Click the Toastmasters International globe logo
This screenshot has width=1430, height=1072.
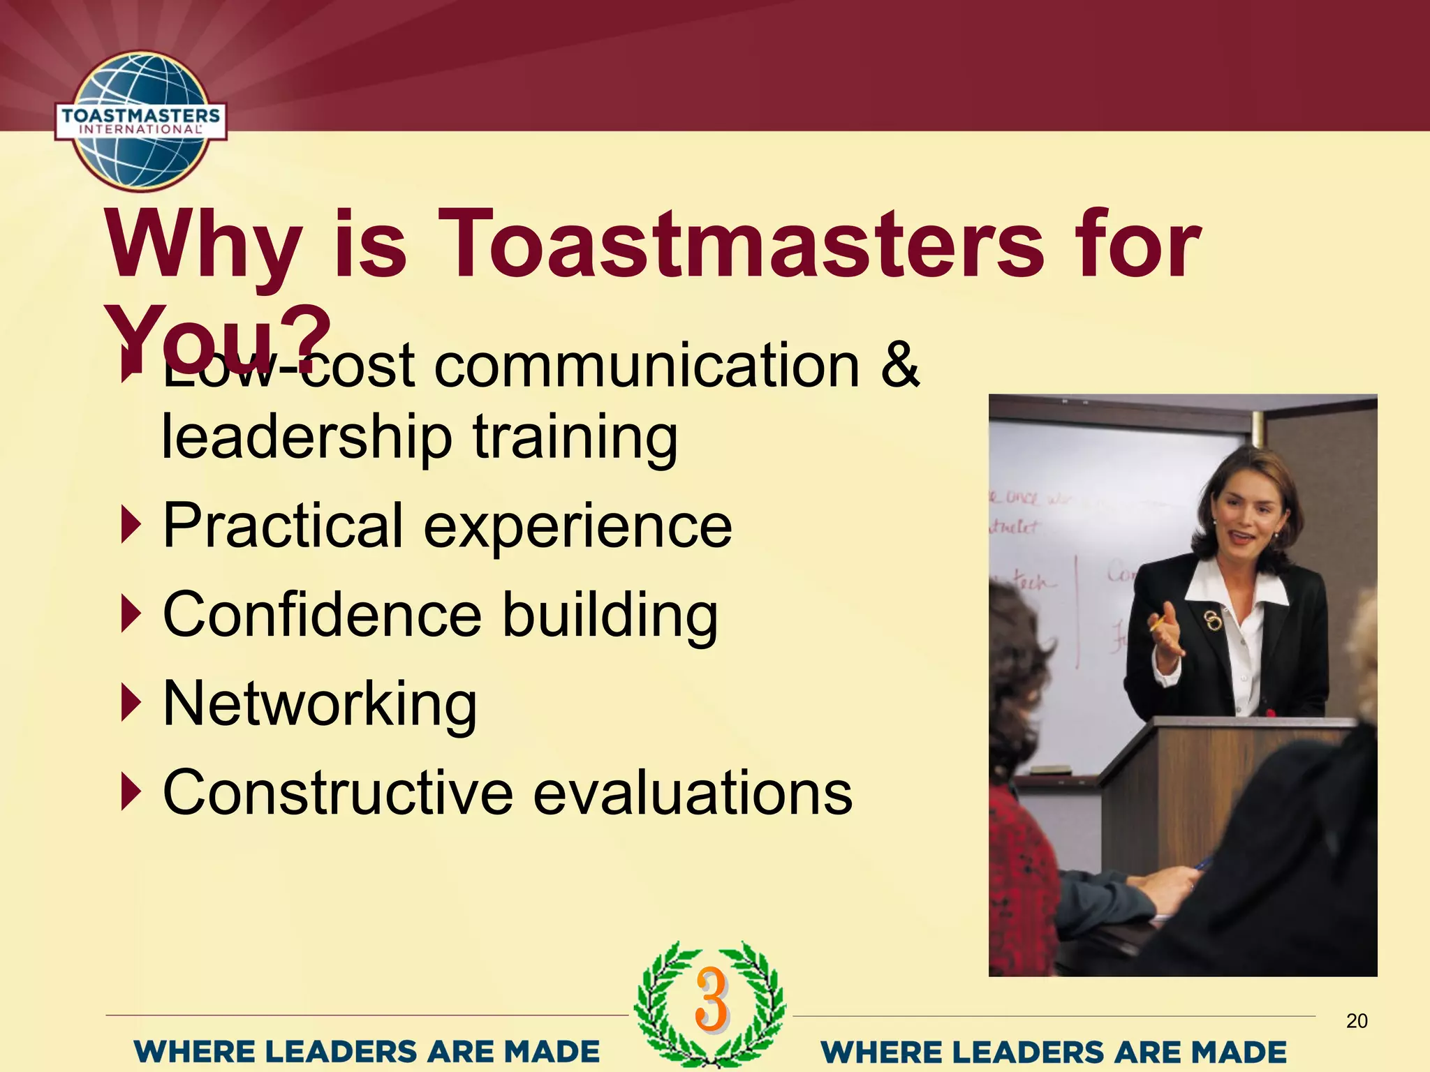(x=141, y=121)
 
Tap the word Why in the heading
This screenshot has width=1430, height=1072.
(x=202, y=244)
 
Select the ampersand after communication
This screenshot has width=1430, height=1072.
(x=899, y=366)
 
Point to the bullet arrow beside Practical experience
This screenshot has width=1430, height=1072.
(x=131, y=525)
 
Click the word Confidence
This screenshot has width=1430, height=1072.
(x=322, y=614)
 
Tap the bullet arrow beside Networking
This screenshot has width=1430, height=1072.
(x=131, y=703)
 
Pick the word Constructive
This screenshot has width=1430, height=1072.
(x=338, y=793)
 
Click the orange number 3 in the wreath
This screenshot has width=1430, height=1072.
(x=711, y=1000)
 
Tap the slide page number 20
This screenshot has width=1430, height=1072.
(x=1356, y=1021)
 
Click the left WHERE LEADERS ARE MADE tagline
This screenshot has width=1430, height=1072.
(x=367, y=1051)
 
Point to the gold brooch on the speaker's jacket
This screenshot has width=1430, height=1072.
(x=1214, y=619)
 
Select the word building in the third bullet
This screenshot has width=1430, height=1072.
(x=610, y=614)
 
